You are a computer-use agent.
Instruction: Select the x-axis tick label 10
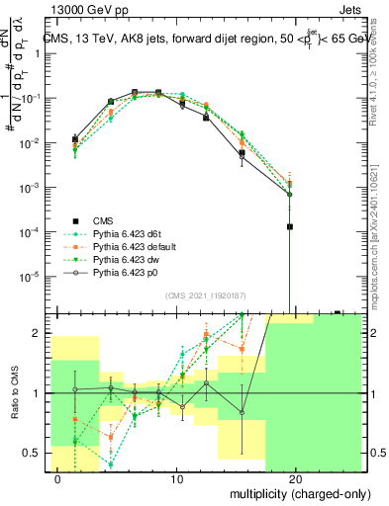(177, 478)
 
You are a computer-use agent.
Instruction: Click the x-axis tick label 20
(296, 478)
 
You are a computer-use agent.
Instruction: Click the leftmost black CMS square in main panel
(75, 139)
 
